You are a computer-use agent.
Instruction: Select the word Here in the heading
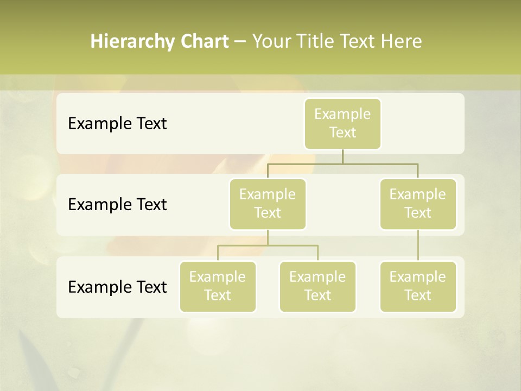click(x=402, y=41)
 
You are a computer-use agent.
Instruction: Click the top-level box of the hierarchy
click(x=342, y=124)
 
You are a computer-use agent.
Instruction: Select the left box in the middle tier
click(x=268, y=204)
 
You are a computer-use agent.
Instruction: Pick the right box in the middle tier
click(x=418, y=204)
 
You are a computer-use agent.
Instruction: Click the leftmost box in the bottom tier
click(x=218, y=286)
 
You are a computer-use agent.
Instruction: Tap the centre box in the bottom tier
click(x=317, y=286)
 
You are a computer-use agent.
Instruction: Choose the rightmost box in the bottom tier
click(x=418, y=286)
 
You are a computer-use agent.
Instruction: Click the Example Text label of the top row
click(x=117, y=124)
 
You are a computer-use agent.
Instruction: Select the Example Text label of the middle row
click(x=117, y=205)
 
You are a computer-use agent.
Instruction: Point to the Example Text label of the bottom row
click(x=117, y=287)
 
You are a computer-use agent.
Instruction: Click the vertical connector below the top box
click(x=342, y=156)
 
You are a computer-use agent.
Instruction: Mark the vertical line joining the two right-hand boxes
click(x=418, y=245)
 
